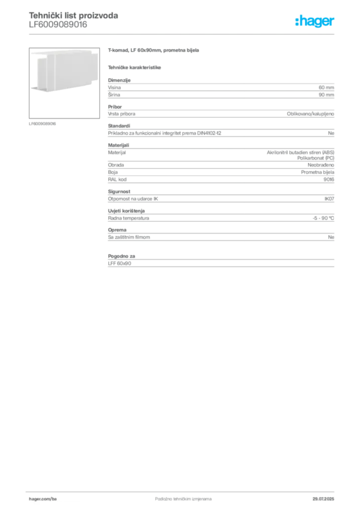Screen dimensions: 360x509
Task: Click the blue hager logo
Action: point(315,22)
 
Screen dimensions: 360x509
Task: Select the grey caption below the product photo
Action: point(44,124)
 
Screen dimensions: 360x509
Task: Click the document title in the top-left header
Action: point(74,15)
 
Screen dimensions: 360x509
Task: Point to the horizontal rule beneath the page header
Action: point(183,34)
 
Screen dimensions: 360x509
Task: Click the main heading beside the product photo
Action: point(155,51)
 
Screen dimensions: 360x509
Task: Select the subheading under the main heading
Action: point(135,67)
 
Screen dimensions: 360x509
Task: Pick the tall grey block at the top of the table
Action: point(221,89)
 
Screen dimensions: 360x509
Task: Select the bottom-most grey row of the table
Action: point(221,264)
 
